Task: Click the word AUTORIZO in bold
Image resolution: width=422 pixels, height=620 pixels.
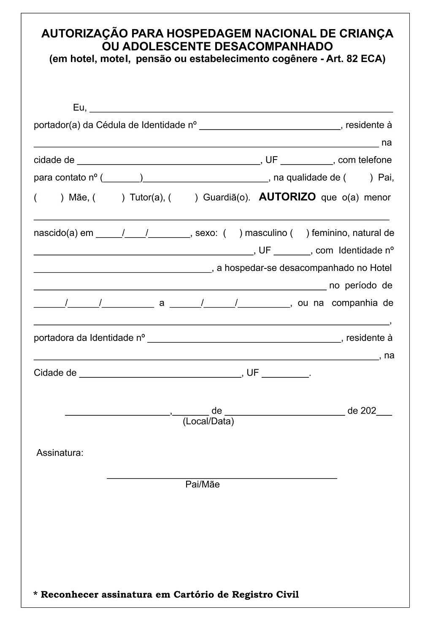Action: click(287, 197)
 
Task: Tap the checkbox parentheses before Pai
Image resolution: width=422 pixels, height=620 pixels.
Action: click(359, 178)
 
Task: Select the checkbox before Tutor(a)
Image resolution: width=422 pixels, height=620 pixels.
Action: click(109, 198)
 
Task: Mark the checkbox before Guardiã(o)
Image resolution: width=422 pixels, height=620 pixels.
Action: click(183, 198)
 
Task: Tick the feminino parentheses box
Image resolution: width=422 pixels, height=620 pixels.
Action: click(300, 233)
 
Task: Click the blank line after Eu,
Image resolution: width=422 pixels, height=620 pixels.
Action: click(241, 109)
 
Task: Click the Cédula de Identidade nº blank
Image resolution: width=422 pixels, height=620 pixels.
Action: click(269, 126)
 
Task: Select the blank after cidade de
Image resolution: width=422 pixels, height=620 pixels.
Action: click(169, 161)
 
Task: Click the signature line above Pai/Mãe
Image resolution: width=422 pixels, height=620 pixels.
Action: click(222, 477)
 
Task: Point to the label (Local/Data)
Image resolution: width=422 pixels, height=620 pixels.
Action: click(208, 421)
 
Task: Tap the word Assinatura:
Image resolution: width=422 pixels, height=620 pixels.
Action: click(60, 453)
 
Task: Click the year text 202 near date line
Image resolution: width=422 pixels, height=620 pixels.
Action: click(368, 411)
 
